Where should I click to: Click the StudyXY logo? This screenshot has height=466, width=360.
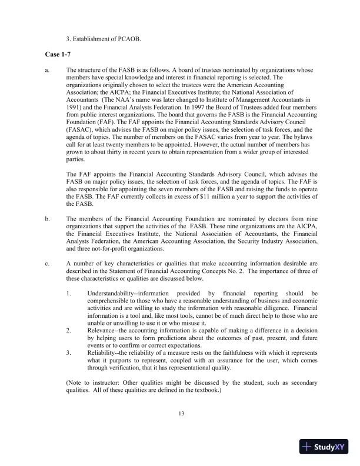(x=324, y=447)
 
